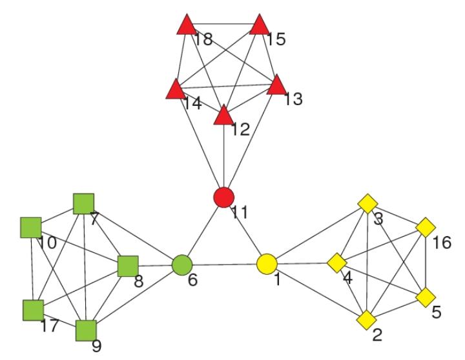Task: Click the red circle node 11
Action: (x=223, y=197)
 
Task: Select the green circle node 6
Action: (x=182, y=265)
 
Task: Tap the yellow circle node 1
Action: (x=267, y=264)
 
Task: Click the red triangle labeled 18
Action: (x=185, y=26)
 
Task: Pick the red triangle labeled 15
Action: (x=259, y=25)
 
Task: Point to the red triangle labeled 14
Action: (x=175, y=90)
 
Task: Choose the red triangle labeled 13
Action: (x=276, y=85)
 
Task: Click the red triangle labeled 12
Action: (x=223, y=116)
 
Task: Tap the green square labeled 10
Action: (x=30, y=228)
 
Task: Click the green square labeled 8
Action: (x=128, y=265)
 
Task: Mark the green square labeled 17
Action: (x=32, y=310)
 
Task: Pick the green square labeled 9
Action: (x=86, y=330)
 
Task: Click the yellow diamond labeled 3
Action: (x=367, y=205)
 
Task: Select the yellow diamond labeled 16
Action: (x=425, y=228)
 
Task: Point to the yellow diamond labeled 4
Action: (x=336, y=263)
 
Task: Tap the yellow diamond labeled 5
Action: (x=425, y=297)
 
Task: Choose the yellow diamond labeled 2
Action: (x=367, y=319)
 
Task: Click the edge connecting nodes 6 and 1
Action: (x=224, y=265)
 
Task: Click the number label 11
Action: (x=240, y=212)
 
